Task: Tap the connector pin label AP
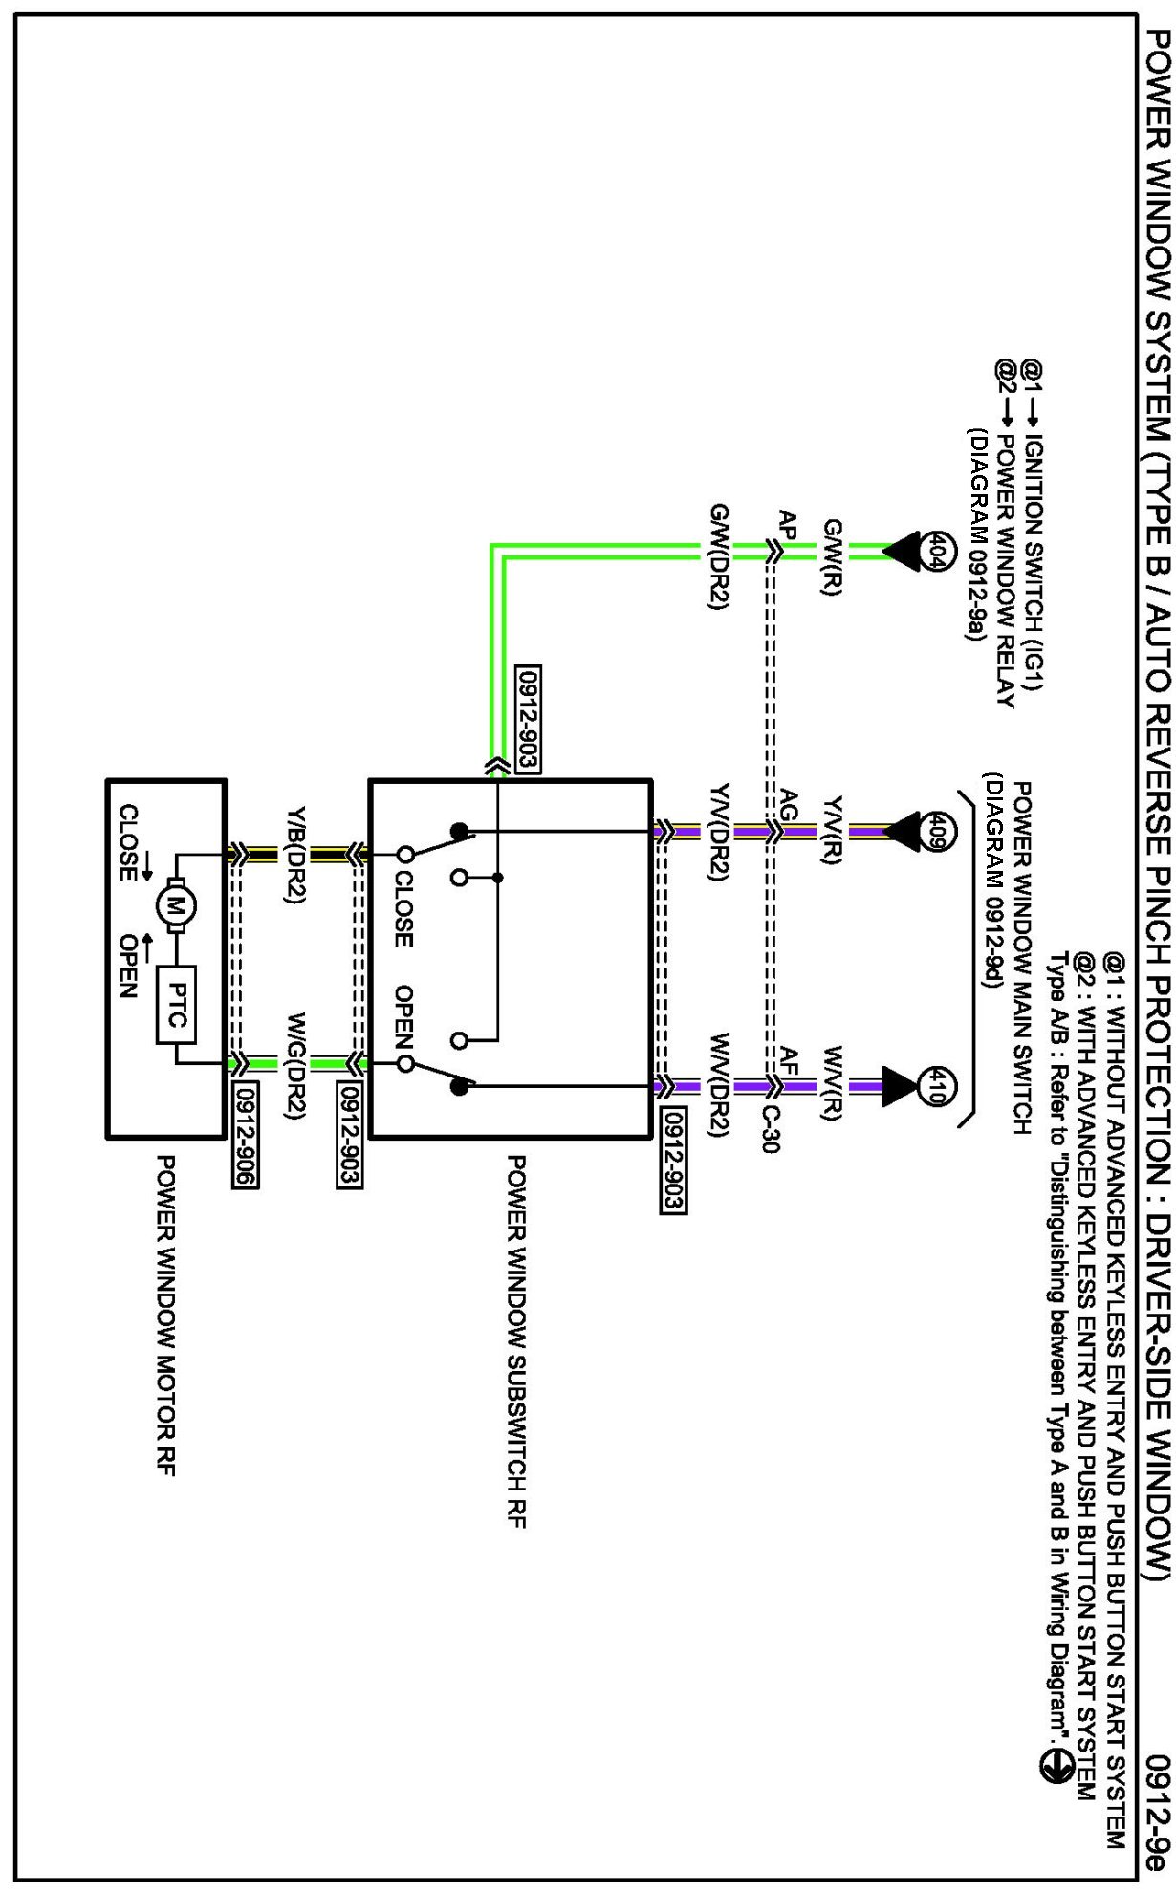click(x=788, y=525)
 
